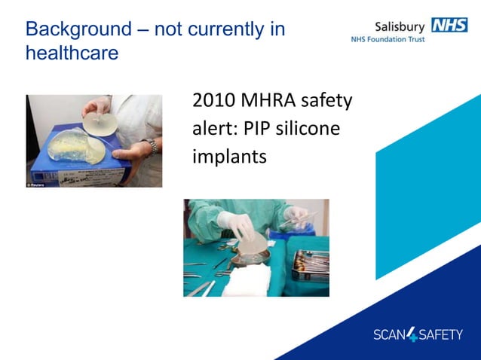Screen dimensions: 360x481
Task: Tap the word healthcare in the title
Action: (x=72, y=54)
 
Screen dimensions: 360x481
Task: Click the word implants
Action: (x=229, y=157)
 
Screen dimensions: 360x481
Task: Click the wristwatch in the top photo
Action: (x=153, y=147)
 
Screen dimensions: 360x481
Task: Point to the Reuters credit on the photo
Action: (x=35, y=183)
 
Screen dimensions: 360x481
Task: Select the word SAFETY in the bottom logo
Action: (x=441, y=334)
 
